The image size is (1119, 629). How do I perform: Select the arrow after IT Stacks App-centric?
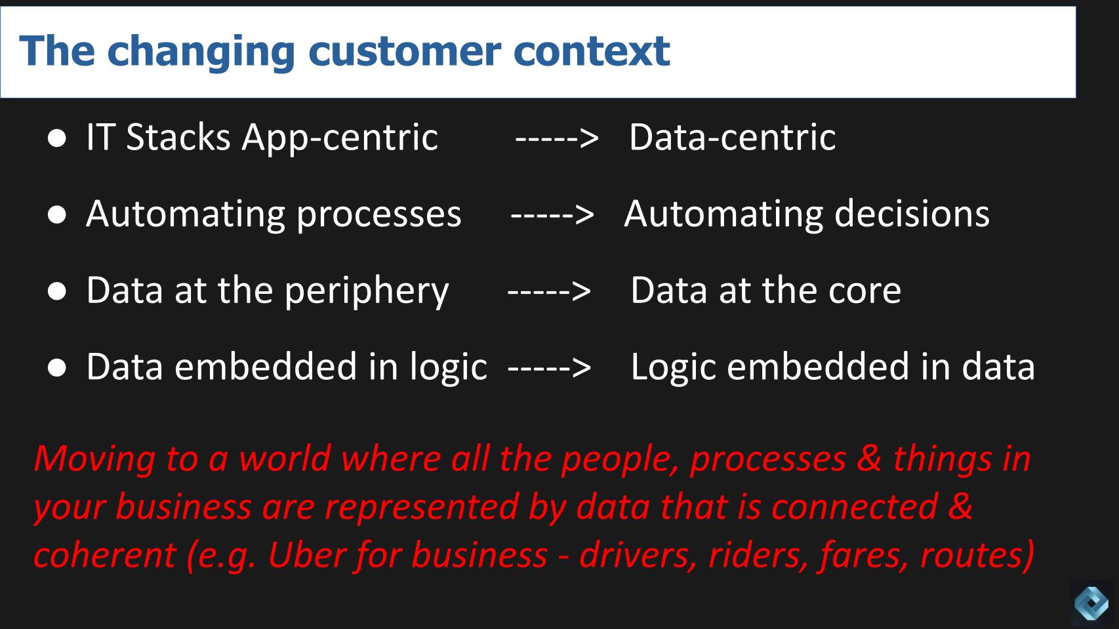coord(556,138)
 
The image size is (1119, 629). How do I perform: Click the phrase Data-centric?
coord(732,137)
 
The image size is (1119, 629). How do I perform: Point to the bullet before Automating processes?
coord(57,214)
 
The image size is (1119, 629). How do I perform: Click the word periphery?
coord(367,291)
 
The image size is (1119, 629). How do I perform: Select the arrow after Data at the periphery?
coord(549,291)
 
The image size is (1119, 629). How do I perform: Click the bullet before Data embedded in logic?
coord(57,368)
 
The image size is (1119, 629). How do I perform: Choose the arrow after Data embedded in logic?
coord(549,367)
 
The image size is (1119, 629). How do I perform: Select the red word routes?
coord(977,555)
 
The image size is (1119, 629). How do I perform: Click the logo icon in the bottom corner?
coord(1091,602)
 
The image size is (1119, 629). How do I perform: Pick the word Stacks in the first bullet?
coord(178,137)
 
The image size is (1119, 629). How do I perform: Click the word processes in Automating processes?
coord(378,215)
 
